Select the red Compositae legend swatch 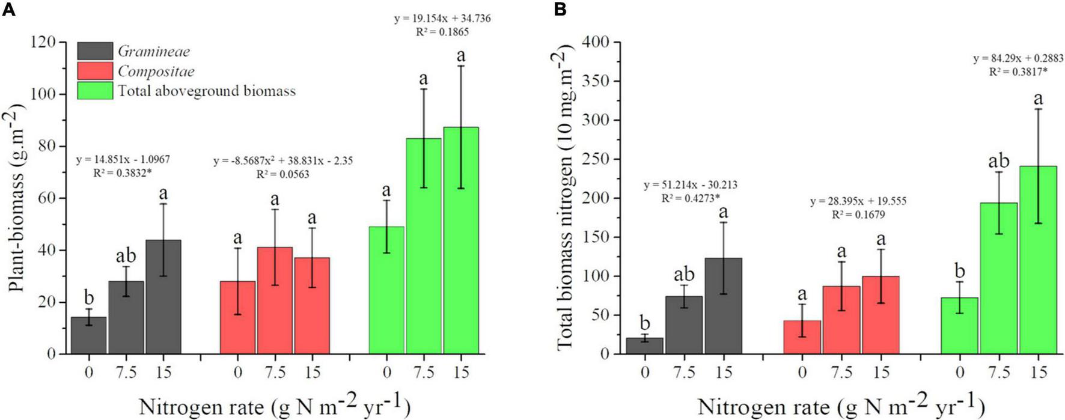tap(95, 71)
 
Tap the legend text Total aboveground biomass tap(207, 91)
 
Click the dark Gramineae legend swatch tap(95, 51)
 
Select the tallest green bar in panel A tap(461, 240)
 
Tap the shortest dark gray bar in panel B tap(645, 345)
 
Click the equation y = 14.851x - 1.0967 tap(123, 159)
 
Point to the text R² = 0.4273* tap(691, 198)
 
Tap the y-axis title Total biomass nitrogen tap(566, 198)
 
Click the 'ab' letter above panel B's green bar tap(999, 161)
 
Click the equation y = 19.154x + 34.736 tap(442, 18)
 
